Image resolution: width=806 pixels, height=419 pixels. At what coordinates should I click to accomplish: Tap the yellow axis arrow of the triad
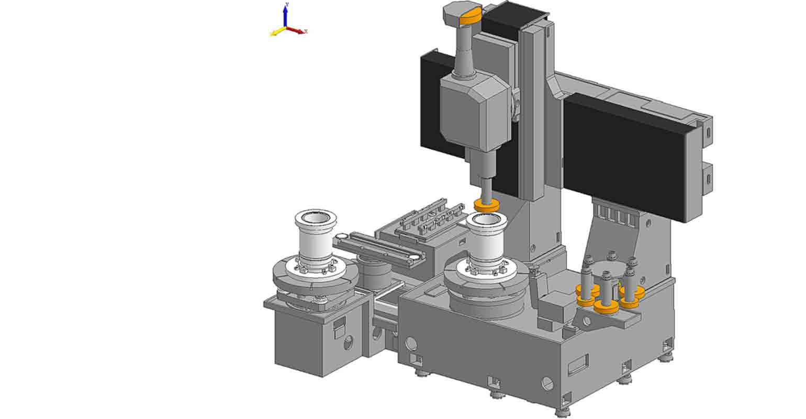pos(275,33)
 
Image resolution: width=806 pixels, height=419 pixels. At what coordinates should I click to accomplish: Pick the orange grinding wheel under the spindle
pos(486,206)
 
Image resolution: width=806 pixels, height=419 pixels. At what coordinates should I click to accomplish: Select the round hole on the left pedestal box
pos(348,343)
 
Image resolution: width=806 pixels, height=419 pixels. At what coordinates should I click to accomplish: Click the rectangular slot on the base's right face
pos(578,365)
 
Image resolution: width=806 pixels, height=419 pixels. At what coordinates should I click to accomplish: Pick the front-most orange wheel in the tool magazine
pos(606,307)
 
